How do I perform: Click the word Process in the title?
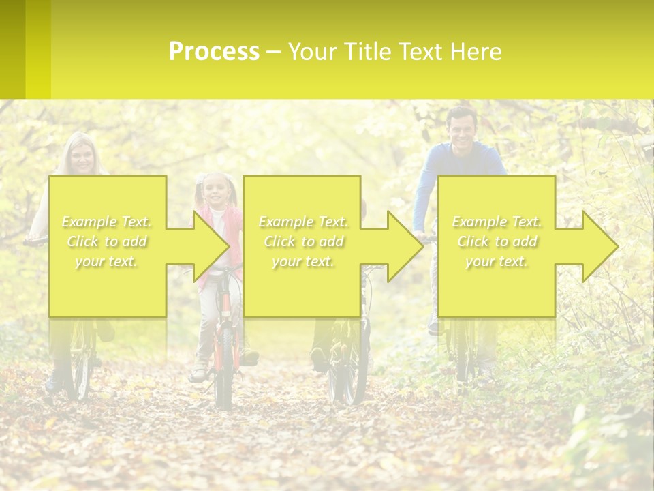214,52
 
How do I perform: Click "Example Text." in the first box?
107,222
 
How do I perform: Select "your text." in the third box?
497,262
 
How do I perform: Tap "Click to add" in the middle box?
303,242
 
